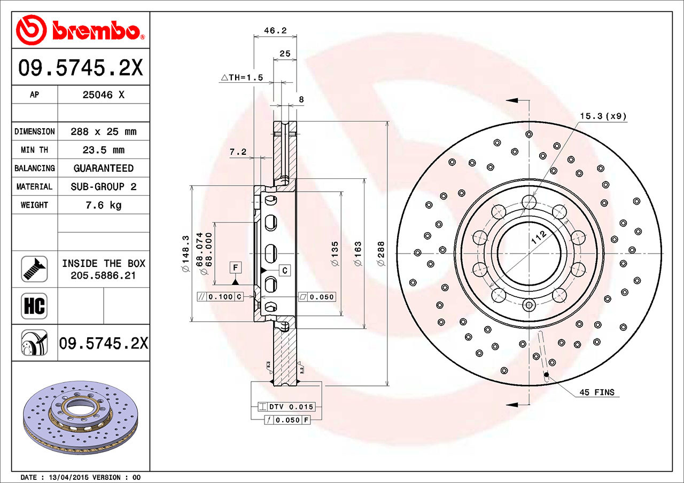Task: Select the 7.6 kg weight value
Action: click(103, 205)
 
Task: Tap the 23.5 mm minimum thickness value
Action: click(103, 150)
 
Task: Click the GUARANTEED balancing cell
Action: click(103, 168)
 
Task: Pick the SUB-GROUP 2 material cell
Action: click(103, 187)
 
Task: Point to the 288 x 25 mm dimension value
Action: click(103, 131)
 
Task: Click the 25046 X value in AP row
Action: click(103, 95)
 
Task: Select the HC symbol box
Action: click(34, 306)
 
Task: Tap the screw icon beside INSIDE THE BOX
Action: click(34, 269)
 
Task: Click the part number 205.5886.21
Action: click(103, 275)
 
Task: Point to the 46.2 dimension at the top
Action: click(276, 31)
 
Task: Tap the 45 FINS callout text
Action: click(597, 392)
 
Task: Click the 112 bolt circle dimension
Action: click(539, 238)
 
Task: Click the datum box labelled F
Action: click(235, 266)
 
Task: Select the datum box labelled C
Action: click(285, 271)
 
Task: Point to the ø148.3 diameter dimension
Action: click(186, 254)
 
